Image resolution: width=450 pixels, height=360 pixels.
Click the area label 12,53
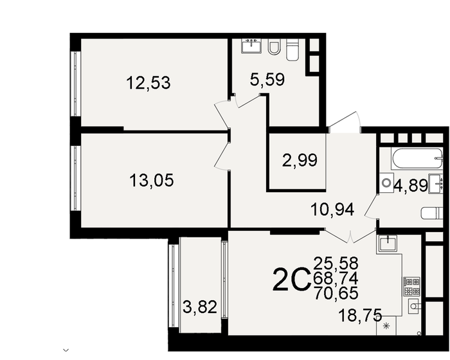pyautogui.click(x=148, y=83)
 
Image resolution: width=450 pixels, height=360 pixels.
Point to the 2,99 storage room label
pyautogui.click(x=300, y=160)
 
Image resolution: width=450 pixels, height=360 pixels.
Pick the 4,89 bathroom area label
pyautogui.click(x=411, y=186)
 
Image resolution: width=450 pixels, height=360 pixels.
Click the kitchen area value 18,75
pyautogui.click(x=360, y=314)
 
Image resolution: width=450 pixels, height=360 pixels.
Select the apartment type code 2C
pyautogui.click(x=292, y=280)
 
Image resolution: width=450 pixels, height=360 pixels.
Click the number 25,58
pyautogui.click(x=335, y=263)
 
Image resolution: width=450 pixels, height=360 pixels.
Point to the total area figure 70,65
pyautogui.click(x=335, y=293)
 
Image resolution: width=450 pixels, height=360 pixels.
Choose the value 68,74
pyautogui.click(x=335, y=278)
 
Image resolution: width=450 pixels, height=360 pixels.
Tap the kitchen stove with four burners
pyautogui.click(x=411, y=285)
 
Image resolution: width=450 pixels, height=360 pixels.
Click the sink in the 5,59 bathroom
pyautogui.click(x=251, y=46)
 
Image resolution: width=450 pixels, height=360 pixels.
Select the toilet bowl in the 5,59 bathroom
pyautogui.click(x=273, y=46)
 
